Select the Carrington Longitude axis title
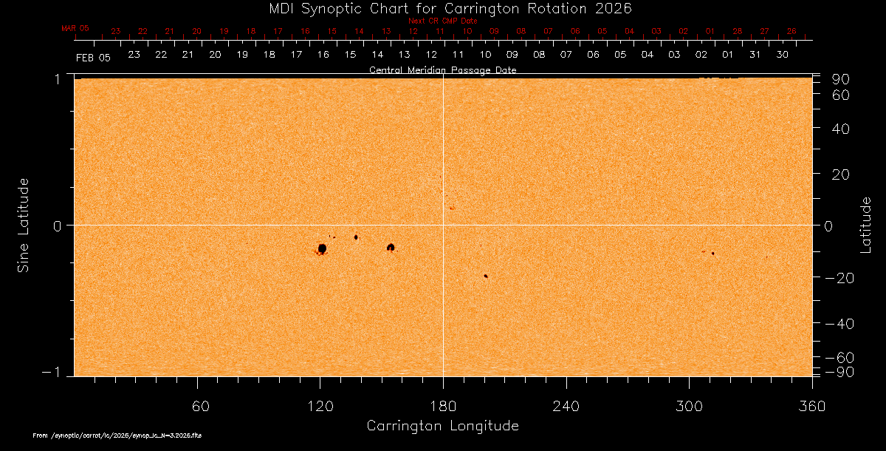[x=442, y=426]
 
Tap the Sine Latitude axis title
[x=24, y=225]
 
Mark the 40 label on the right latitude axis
[x=841, y=129]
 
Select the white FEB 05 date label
[x=93, y=58]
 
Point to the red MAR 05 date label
[x=75, y=28]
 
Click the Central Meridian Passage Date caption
[x=442, y=70]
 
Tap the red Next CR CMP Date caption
[x=442, y=21]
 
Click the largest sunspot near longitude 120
[x=322, y=248]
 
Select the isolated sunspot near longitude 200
[x=486, y=276]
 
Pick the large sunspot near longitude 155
[x=391, y=247]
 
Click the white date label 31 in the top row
[x=755, y=55]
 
